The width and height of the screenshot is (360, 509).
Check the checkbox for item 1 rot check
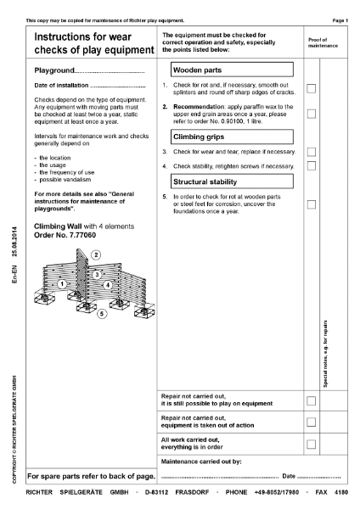(312, 89)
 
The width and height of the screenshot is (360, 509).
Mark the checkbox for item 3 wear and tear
(312, 152)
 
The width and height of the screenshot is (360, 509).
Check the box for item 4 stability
(312, 166)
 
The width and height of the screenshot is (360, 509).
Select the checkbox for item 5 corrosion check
(312, 204)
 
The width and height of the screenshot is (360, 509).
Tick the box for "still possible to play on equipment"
(312, 400)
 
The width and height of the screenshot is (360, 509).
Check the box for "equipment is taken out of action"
(312, 422)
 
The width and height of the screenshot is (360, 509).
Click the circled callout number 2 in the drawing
(96, 255)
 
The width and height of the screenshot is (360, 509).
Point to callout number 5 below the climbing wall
(102, 314)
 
